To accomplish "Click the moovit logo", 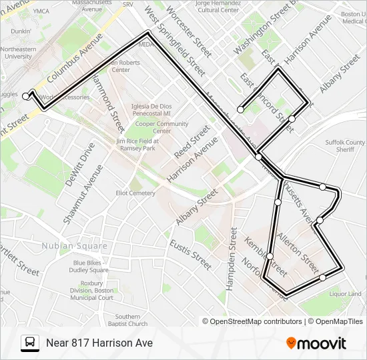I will pyautogui.click(x=316, y=343).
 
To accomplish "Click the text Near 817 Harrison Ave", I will pyautogui.click(x=99, y=343).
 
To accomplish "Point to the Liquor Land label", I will pyautogui.click(x=345, y=294).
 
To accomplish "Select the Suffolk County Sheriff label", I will pyautogui.click(x=345, y=146).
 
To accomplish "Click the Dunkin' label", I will pyautogui.click(x=21, y=31).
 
